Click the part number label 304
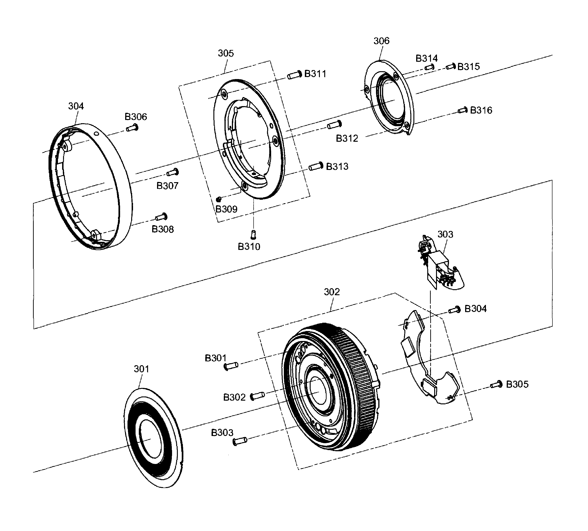[76, 106]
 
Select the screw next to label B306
[132, 128]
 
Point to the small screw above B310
[253, 234]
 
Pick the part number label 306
[381, 41]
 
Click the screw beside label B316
[463, 110]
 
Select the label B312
[347, 138]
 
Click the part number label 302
[332, 292]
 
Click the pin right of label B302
[258, 396]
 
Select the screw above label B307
[173, 173]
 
